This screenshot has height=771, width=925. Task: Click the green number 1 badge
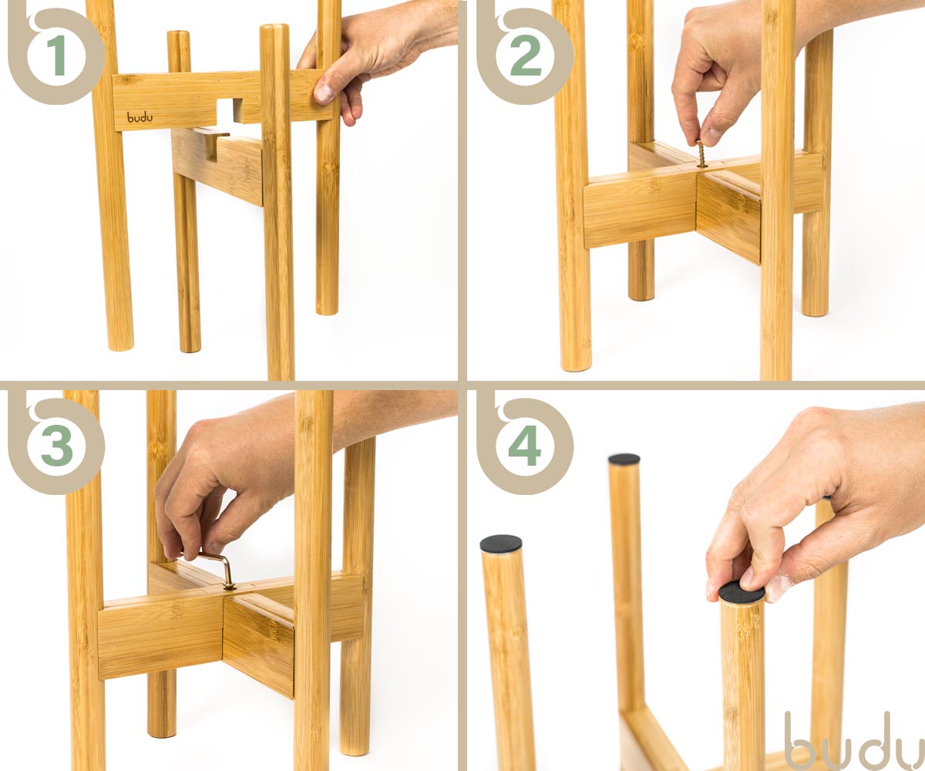coord(57,56)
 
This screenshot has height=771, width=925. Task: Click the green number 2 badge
coord(526,56)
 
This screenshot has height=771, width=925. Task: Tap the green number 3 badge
coord(57,446)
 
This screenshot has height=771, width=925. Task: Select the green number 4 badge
coord(525,446)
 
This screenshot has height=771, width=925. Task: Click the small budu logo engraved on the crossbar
coord(140,117)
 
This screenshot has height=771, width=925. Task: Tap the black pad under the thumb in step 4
coord(741,592)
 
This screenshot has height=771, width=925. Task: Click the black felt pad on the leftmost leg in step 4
coord(500,544)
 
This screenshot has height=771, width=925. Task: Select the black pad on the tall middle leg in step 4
coord(624,459)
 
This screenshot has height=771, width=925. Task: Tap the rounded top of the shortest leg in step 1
coord(179,35)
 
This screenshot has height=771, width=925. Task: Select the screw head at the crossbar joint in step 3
coord(230,587)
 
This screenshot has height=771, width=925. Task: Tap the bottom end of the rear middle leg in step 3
coord(162,731)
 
